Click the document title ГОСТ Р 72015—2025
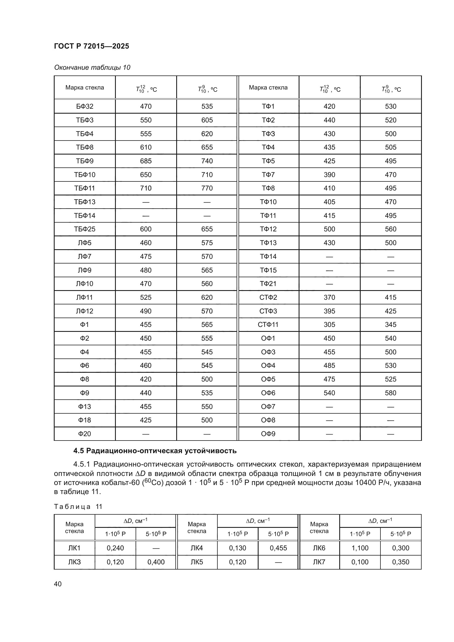pyautogui.click(x=91, y=46)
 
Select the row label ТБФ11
pyautogui.click(x=85, y=188)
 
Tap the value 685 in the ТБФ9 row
pyautogui.click(x=146, y=161)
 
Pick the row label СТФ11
pyautogui.click(x=268, y=325)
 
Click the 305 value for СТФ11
pyautogui.click(x=329, y=325)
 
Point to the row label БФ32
pyautogui.click(x=85, y=106)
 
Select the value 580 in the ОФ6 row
pyautogui.click(x=391, y=393)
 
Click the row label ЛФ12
pyautogui.click(x=85, y=311)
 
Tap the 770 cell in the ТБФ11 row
pyautogui.click(x=207, y=188)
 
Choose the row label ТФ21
pyautogui.click(x=268, y=284)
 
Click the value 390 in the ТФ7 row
pyautogui.click(x=329, y=175)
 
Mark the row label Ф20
pyautogui.click(x=85, y=434)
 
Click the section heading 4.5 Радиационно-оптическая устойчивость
pyautogui.click(x=155, y=451)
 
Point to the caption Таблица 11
pyautogui.click(x=78, y=507)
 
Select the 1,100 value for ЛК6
pyautogui.click(x=360, y=548)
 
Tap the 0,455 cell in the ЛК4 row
pyautogui.click(x=278, y=548)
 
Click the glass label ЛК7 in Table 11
pyautogui.click(x=319, y=562)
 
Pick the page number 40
pyautogui.click(x=58, y=584)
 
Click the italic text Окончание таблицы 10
pyautogui.click(x=92, y=68)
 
